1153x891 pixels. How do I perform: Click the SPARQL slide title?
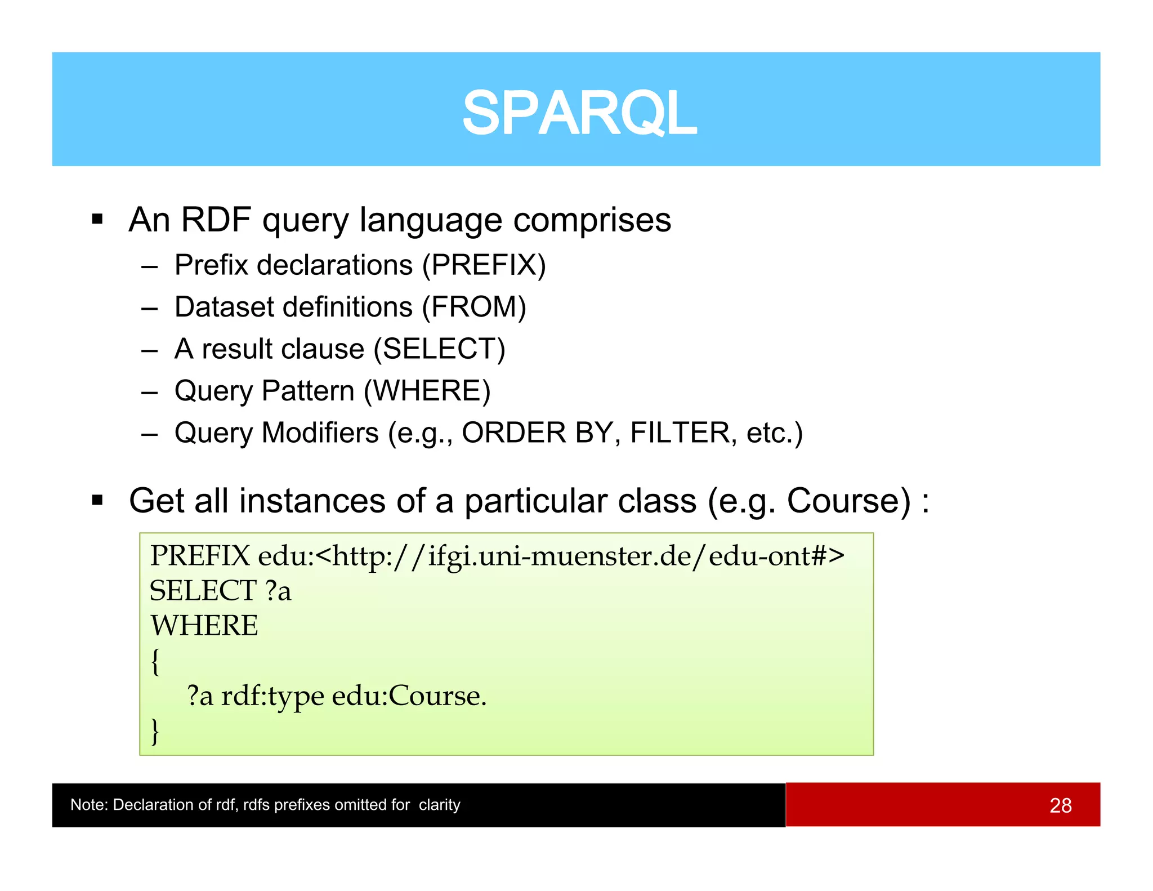(579, 113)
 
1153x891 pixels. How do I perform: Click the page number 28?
(1060, 805)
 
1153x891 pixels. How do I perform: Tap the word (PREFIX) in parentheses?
(484, 265)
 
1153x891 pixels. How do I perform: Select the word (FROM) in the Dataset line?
(474, 308)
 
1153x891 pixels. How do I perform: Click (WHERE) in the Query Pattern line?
(427, 391)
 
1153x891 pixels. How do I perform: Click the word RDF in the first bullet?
(215, 220)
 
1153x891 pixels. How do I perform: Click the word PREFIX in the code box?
(199, 556)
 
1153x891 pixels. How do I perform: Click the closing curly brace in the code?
(155, 731)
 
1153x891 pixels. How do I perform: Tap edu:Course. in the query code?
(409, 696)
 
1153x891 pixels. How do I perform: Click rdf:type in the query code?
(272, 696)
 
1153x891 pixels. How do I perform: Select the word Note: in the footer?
(89, 805)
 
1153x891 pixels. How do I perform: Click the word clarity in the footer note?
(439, 805)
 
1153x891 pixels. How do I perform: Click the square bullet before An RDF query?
(97, 219)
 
